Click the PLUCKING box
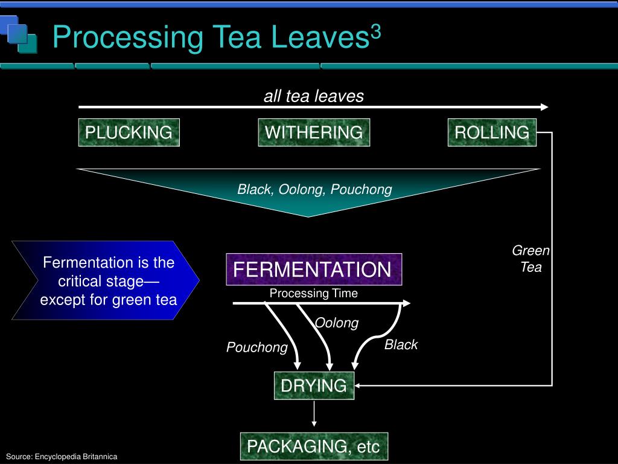[x=129, y=132]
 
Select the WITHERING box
[x=314, y=132]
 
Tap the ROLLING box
[x=492, y=132]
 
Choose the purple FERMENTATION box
[x=313, y=269]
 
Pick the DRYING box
[x=314, y=385]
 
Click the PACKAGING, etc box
[x=314, y=447]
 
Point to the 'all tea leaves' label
[x=314, y=96]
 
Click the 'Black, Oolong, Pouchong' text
[x=314, y=190]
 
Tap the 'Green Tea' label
[x=531, y=259]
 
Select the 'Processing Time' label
[x=313, y=294]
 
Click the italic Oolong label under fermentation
[x=337, y=323]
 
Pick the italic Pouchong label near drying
[x=257, y=347]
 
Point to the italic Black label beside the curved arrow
[x=401, y=345]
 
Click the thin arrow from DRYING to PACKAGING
[x=314, y=415]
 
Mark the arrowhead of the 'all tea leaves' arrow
[x=544, y=107]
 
